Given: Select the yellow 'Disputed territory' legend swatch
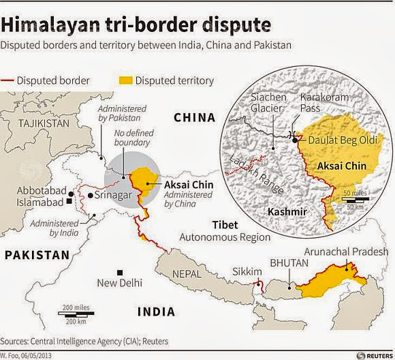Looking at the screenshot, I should (x=122, y=80).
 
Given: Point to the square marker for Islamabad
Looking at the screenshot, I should (x=70, y=202).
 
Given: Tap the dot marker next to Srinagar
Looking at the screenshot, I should (x=90, y=196).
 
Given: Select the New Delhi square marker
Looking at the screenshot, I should (x=120, y=273).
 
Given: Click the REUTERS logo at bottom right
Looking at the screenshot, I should (x=373, y=355).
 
